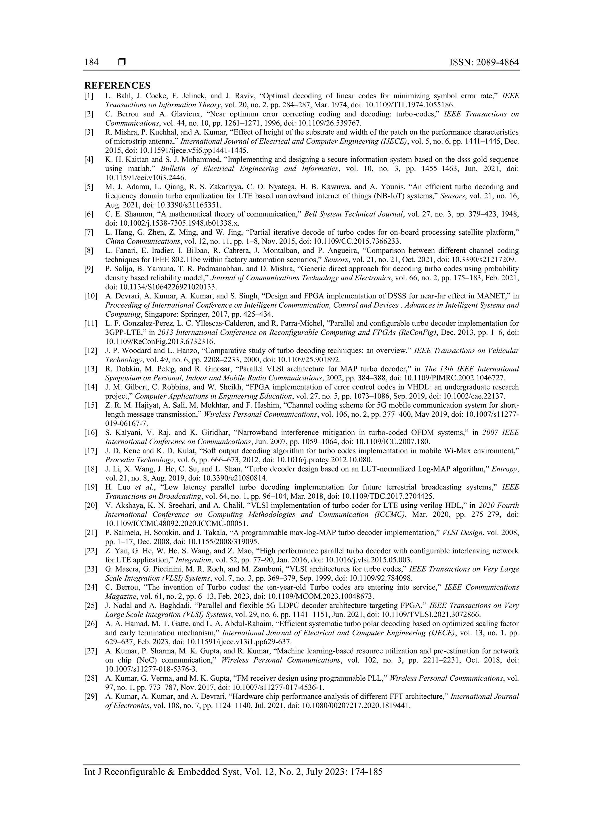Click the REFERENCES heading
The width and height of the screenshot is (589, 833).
pos(117,86)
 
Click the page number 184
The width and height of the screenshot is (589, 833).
pos(91,62)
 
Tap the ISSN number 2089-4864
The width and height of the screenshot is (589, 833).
pos(484,62)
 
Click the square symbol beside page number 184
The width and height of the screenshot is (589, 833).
pos(122,62)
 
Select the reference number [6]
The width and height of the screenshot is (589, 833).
pos(89,214)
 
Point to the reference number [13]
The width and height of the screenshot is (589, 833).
pos(90,369)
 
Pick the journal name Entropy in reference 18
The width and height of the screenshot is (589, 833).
pos(505,469)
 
